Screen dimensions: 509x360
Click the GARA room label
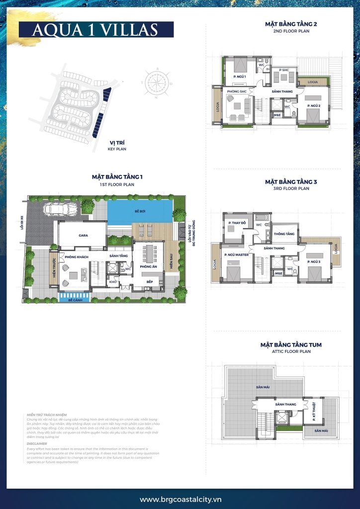pyautogui.click(x=83, y=236)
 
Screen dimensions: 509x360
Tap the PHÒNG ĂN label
pyautogui.click(x=149, y=267)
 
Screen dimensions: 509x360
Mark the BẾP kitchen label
pyautogui.click(x=149, y=282)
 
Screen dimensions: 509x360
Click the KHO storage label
pyautogui.click(x=113, y=282)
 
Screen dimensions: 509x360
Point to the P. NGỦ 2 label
pyautogui.click(x=313, y=106)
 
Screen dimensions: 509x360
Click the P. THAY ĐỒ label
pyautogui.click(x=236, y=223)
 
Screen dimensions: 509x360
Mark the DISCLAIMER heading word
pyautogui.click(x=37, y=444)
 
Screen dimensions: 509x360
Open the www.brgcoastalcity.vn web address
pyautogui.click(x=180, y=500)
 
